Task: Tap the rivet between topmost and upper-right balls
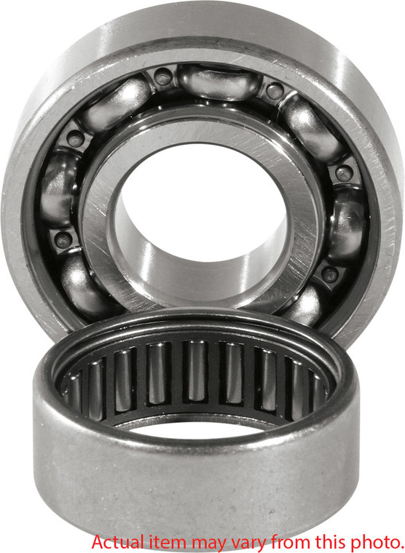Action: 274,91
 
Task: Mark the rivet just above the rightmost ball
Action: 344,172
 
